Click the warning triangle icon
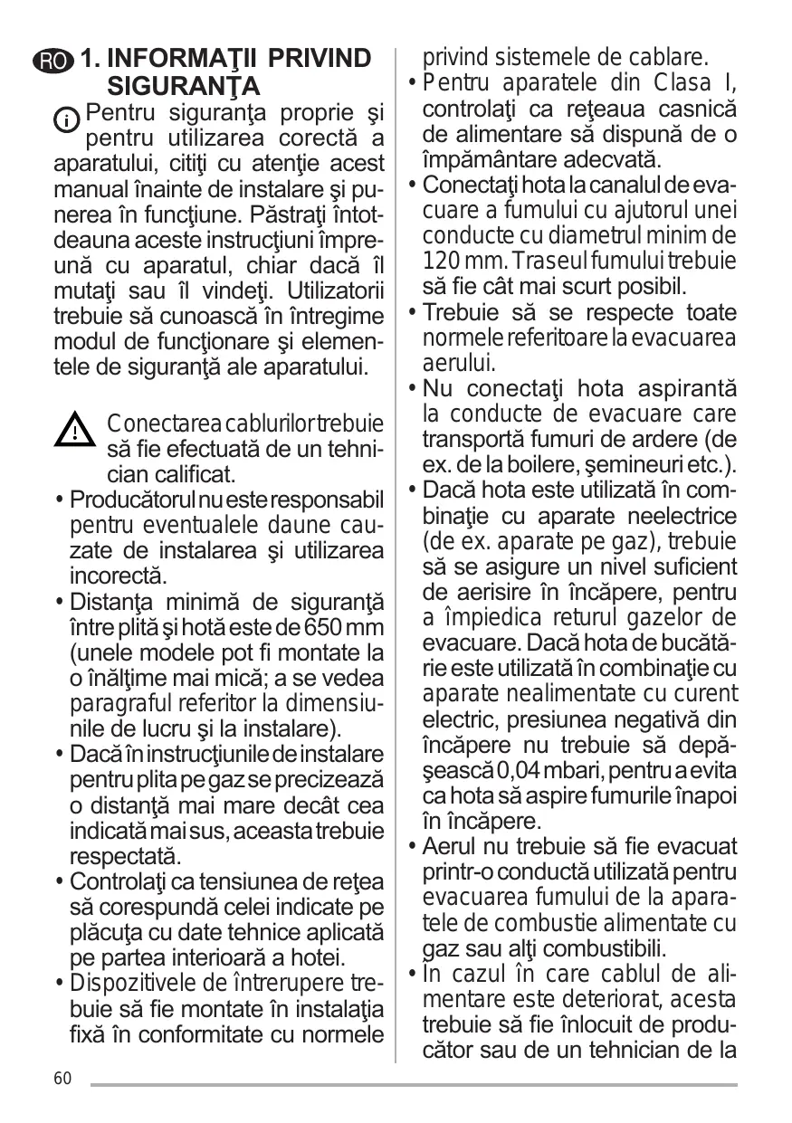[76, 429]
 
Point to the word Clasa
[681, 84]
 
